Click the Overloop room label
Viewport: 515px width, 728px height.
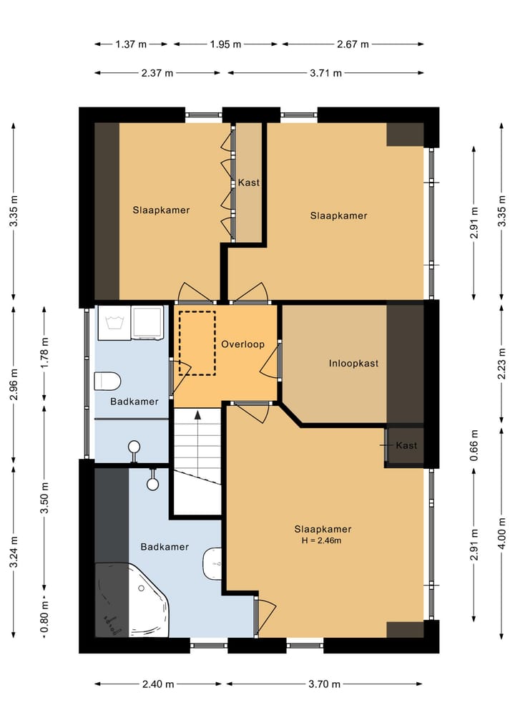(x=242, y=344)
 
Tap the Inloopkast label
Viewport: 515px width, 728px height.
(x=353, y=363)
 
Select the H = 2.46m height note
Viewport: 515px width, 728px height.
(x=322, y=540)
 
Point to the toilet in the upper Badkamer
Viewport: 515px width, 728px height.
(x=107, y=381)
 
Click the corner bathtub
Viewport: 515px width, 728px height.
(x=133, y=600)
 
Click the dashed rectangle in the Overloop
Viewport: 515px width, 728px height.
(x=197, y=343)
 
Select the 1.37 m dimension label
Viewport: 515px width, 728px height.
(x=131, y=44)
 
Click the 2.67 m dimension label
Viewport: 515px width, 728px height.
(x=353, y=44)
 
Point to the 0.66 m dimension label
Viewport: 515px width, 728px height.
(x=474, y=445)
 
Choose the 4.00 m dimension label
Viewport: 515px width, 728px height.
(x=501, y=533)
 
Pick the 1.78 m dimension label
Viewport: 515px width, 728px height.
(x=44, y=353)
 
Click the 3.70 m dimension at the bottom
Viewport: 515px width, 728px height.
(x=324, y=684)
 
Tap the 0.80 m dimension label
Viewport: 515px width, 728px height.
(x=44, y=617)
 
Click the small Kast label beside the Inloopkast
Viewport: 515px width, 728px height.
(x=406, y=445)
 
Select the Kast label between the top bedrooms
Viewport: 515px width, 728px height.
(x=249, y=183)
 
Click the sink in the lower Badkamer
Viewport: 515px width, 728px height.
(x=212, y=563)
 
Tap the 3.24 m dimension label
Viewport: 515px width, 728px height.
(x=14, y=552)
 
